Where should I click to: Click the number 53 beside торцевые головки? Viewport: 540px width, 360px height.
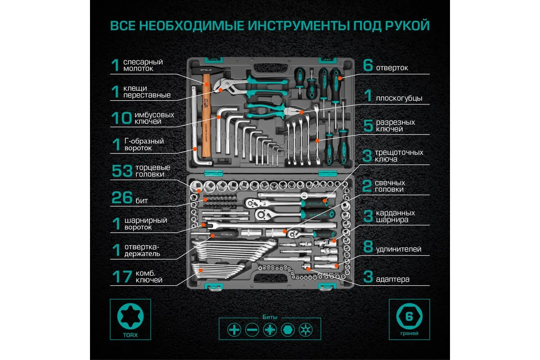click(x=122, y=171)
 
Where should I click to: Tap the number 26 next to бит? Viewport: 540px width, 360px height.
click(x=122, y=198)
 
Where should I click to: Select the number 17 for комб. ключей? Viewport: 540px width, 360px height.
click(x=122, y=276)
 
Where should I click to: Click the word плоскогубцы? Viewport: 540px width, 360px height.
click(x=399, y=99)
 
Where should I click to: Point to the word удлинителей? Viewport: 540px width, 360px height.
click(x=399, y=249)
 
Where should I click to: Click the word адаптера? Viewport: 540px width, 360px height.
click(x=392, y=279)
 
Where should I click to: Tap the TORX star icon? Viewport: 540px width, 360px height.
click(x=130, y=316)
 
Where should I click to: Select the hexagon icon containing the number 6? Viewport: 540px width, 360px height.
click(x=409, y=316)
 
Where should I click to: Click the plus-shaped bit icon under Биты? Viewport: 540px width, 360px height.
click(x=234, y=329)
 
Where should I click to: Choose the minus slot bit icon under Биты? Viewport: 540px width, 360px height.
click(x=252, y=329)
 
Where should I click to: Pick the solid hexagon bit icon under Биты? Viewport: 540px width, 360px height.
click(x=288, y=329)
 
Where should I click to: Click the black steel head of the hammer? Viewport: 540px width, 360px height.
click(x=208, y=71)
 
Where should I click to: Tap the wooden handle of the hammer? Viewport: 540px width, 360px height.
click(x=207, y=116)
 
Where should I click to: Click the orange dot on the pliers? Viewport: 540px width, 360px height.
click(x=301, y=112)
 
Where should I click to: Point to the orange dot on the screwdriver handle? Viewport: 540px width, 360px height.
click(x=340, y=78)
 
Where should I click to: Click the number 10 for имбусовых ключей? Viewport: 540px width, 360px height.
click(x=121, y=118)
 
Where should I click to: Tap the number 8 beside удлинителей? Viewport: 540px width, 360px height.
click(x=368, y=247)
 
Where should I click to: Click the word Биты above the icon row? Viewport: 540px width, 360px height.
click(x=270, y=317)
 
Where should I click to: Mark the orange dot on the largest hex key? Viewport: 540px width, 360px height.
click(x=218, y=117)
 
